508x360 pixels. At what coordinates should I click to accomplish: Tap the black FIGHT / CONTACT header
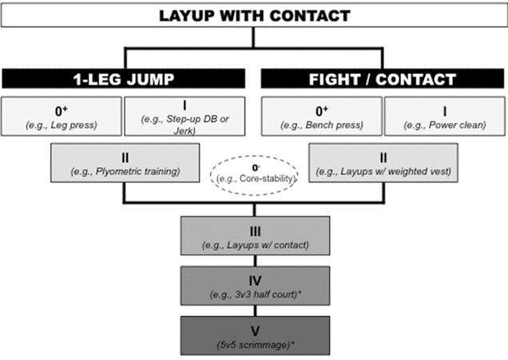point(382,79)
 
